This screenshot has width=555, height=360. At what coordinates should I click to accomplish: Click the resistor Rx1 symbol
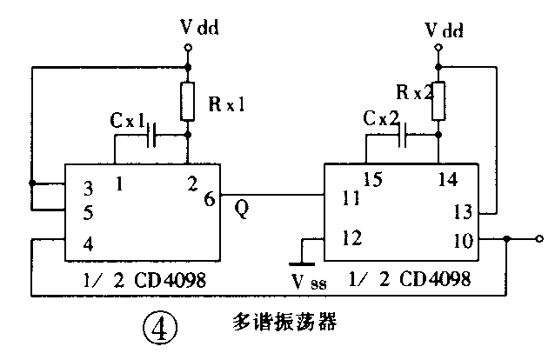[x=188, y=103]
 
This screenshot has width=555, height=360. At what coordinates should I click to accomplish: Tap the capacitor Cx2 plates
[x=404, y=134]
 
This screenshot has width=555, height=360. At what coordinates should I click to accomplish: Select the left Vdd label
[x=200, y=27]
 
